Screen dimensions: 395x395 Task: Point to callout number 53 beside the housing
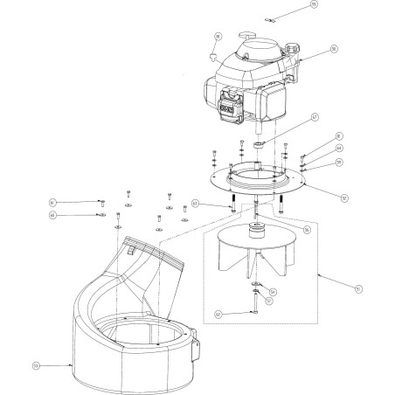37,367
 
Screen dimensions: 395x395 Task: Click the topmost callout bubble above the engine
339,6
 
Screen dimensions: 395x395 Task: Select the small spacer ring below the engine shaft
260,139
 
